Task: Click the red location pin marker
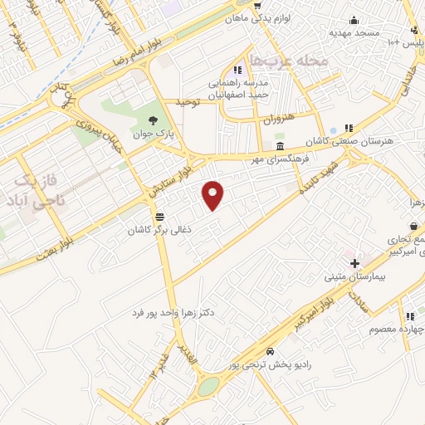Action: [213, 194]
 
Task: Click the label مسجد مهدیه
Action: [355, 33]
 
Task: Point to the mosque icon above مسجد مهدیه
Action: [355, 21]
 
